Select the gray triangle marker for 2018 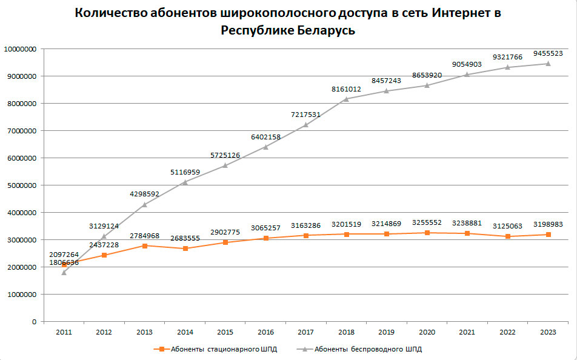click(346, 99)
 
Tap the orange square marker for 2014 click(185, 248)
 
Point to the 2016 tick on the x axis click(265, 332)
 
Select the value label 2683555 click(185, 238)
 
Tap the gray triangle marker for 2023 click(548, 64)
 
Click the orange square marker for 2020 click(427, 233)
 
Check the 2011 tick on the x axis click(64, 332)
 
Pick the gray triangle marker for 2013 click(144, 205)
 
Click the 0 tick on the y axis click(34, 322)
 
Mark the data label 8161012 click(346, 89)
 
